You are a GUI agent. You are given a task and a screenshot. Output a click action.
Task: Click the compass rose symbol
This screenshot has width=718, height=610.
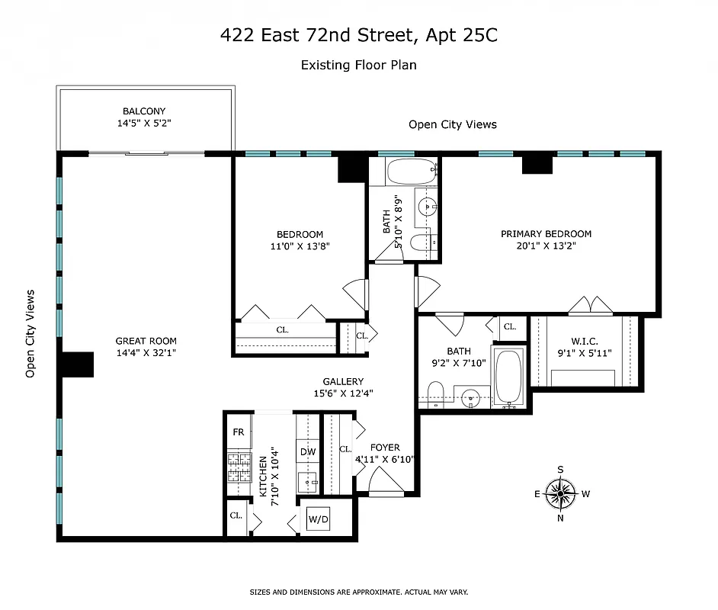click(561, 493)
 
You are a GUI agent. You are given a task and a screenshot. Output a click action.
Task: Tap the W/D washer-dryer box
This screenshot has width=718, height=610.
click(319, 520)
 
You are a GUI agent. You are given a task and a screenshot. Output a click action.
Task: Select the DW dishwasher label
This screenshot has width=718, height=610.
click(308, 452)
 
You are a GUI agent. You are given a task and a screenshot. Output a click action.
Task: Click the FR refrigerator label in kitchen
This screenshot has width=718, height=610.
click(238, 432)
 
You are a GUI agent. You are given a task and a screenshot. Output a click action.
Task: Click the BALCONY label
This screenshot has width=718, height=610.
click(144, 111)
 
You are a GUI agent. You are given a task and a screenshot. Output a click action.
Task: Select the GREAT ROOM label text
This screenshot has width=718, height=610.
click(146, 342)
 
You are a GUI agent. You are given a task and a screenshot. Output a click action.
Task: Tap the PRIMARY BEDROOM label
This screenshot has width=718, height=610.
click(546, 234)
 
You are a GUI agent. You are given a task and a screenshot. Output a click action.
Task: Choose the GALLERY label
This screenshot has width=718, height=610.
click(342, 381)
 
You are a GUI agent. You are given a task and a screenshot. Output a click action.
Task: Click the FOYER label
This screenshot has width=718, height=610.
click(385, 448)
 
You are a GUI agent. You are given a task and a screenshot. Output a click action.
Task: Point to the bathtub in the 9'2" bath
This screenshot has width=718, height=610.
click(508, 377)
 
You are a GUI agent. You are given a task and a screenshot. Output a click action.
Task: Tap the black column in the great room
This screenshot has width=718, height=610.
click(77, 364)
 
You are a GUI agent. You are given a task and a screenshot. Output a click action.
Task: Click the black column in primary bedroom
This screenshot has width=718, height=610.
click(537, 164)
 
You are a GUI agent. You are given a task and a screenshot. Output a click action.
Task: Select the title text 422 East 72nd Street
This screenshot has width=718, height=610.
click(358, 35)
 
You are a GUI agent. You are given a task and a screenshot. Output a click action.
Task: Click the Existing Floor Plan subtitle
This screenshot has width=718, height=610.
click(358, 65)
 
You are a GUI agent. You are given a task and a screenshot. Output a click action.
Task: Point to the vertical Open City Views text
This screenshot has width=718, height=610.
click(30, 333)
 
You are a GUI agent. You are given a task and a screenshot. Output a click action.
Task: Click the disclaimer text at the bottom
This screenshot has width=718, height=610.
click(358, 592)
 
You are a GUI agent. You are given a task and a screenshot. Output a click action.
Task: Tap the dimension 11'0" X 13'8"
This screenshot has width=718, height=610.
click(300, 246)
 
